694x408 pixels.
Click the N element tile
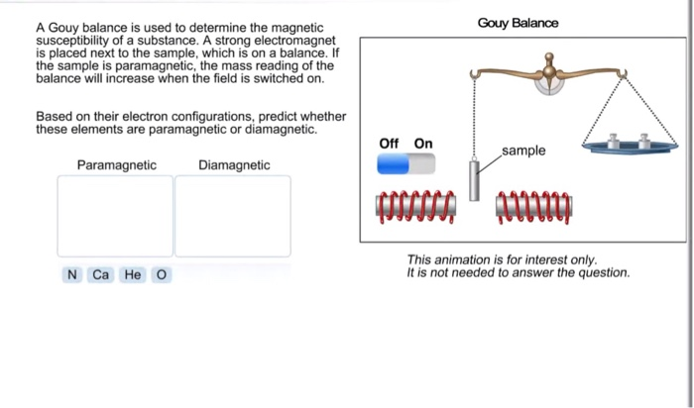tap(71, 274)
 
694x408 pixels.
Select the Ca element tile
tap(100, 274)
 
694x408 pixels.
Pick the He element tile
tap(132, 274)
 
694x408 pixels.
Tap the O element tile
tap(162, 274)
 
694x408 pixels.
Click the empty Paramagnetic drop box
tap(115, 216)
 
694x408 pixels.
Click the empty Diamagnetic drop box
tap(233, 216)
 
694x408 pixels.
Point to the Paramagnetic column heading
tap(116, 165)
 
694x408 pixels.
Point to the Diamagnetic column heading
tap(234, 165)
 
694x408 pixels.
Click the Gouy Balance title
tap(518, 23)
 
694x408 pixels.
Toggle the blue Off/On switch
tap(405, 163)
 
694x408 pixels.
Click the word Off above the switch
tap(389, 144)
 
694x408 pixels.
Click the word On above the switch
tap(423, 144)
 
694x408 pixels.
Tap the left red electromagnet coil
tap(415, 205)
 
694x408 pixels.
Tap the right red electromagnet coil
tap(533, 205)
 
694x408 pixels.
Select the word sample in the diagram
tap(523, 151)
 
